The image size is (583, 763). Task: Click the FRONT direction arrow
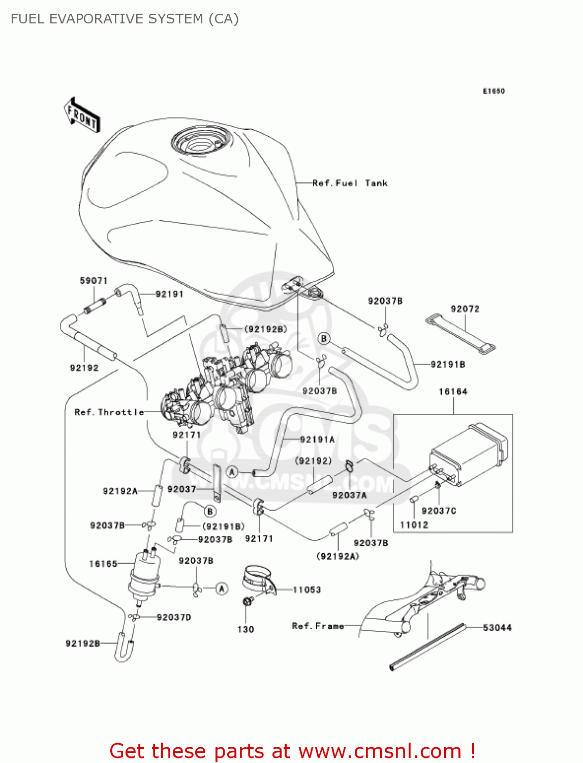point(82,115)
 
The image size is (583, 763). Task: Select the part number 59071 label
point(94,281)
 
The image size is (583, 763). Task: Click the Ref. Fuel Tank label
point(350,183)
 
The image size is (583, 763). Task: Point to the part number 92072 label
point(465,309)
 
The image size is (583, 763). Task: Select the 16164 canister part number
point(453,392)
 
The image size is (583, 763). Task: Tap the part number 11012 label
point(414,525)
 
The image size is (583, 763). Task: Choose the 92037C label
point(439,511)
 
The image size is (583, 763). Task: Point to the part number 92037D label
point(174,618)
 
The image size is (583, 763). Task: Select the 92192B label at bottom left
point(83,643)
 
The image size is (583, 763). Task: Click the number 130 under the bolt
point(246,629)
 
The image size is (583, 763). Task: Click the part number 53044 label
point(497,628)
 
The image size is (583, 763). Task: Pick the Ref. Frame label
point(318,626)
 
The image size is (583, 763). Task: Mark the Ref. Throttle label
point(109,412)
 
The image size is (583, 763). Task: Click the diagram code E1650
point(494,91)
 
